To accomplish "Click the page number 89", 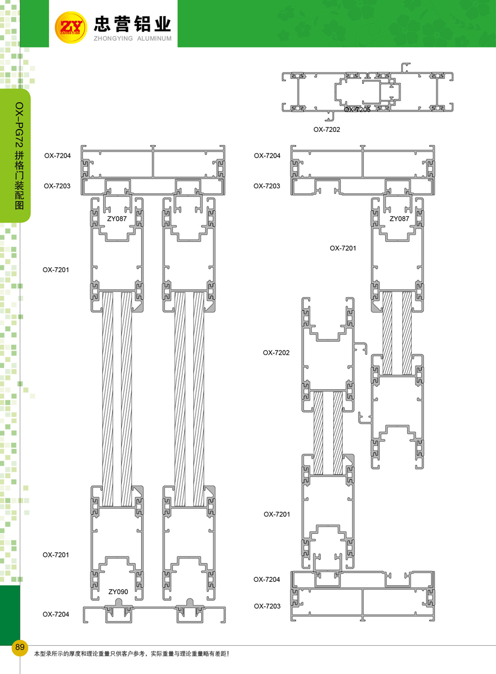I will coord(20,647).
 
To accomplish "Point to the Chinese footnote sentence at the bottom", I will coord(131,654).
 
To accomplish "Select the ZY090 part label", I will coord(118,592).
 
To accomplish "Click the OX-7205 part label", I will coord(357,110).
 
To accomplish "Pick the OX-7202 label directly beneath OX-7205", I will coord(327,130).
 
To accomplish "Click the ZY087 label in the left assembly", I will coord(117,219).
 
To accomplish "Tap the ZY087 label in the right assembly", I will coord(400,219).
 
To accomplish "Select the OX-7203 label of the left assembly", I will coord(57,186).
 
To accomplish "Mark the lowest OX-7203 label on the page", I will coord(267,606).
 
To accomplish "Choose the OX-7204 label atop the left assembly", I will coord(57,156).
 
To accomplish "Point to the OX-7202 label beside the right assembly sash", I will coord(276,352).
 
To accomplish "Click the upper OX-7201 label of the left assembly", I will coord(56,270).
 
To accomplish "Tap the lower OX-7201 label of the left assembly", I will coord(56,555).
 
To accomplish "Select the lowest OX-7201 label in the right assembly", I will coord(277,514).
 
